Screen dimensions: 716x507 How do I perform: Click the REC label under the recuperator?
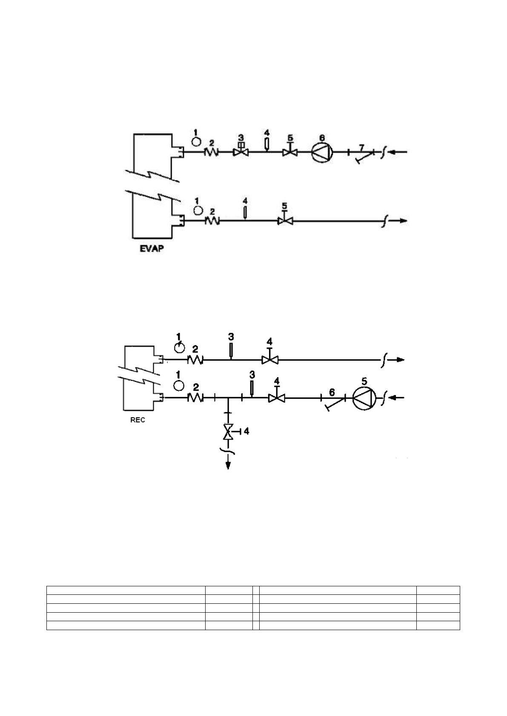[137, 420]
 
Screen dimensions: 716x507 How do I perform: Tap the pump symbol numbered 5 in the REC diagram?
[364, 398]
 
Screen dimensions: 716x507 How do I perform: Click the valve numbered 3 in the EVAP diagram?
[241, 152]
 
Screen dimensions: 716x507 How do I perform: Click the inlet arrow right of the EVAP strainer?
[399, 152]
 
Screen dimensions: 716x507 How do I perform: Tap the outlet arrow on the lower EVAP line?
[400, 221]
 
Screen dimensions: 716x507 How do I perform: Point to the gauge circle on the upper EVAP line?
[196, 141]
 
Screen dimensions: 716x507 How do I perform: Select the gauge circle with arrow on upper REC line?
[180, 347]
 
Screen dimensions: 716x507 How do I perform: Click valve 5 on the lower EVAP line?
[285, 221]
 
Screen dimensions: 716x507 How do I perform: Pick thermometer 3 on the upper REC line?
[231, 350]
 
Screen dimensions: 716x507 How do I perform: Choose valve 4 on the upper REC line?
[269, 360]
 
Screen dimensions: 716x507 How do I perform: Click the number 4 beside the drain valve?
[246, 432]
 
